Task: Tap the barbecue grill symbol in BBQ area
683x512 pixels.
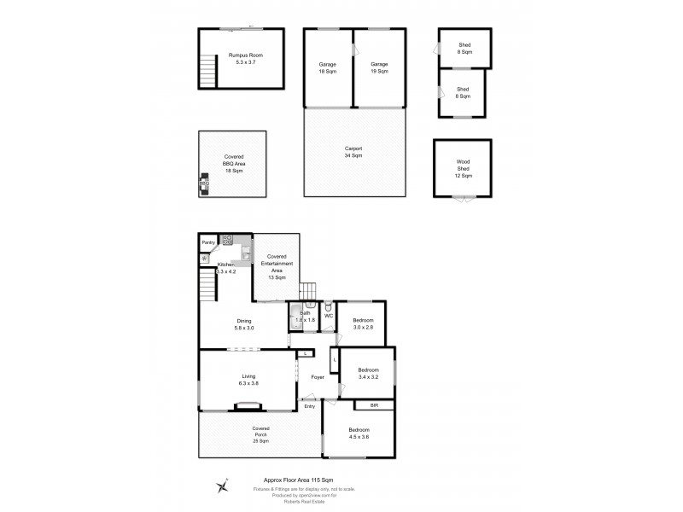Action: click(204, 183)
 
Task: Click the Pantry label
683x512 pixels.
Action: click(207, 242)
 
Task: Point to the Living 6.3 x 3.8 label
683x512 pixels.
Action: click(249, 380)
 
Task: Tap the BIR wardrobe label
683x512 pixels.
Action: click(374, 405)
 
